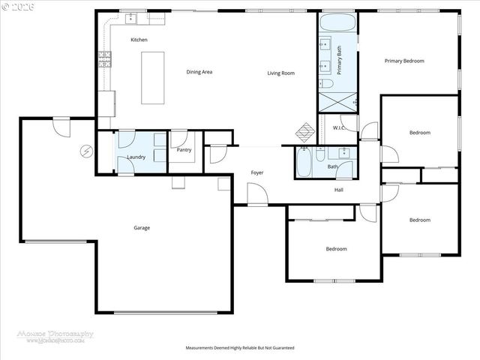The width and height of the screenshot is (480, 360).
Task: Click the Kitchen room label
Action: pyautogui.click(x=139, y=40)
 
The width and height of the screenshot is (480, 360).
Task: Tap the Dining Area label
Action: pyautogui.click(x=199, y=72)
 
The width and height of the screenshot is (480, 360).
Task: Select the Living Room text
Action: pyautogui.click(x=281, y=73)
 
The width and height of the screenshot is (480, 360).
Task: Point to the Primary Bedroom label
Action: pyautogui.click(x=404, y=61)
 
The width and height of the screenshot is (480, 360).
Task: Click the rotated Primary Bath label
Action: pyautogui.click(x=339, y=58)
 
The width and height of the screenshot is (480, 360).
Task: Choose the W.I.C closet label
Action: pyautogui.click(x=338, y=128)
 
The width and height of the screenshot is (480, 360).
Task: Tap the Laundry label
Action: pyautogui.click(x=136, y=157)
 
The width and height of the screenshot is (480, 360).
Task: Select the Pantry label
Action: pyautogui.click(x=184, y=150)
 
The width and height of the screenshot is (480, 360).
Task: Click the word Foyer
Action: pyautogui.click(x=256, y=173)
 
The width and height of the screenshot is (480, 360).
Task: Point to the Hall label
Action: pyautogui.click(x=338, y=190)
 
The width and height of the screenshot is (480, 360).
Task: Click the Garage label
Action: pyautogui.click(x=142, y=228)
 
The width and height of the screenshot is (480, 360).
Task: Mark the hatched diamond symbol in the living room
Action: pyautogui.click(x=304, y=131)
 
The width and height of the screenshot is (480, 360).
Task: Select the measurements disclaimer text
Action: pyautogui.click(x=239, y=348)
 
